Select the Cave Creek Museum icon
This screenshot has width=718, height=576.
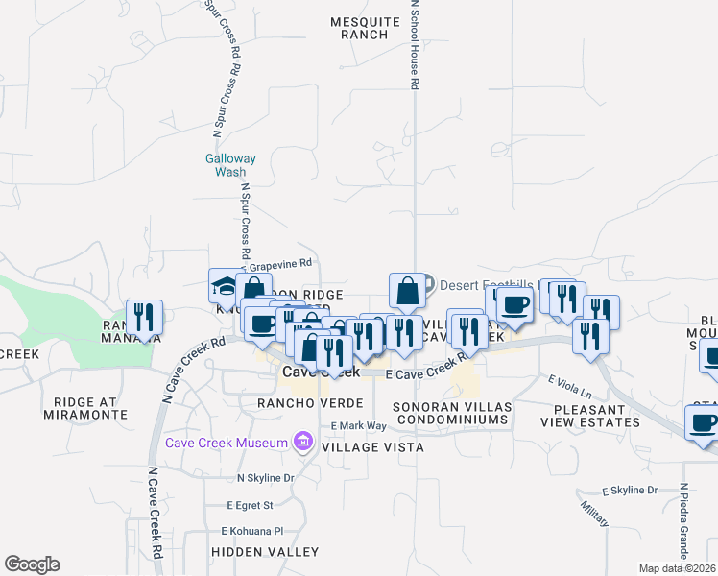pos(303,443)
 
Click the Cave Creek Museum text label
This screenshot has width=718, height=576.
pos(227,443)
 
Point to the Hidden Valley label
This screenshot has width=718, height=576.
pos(265,552)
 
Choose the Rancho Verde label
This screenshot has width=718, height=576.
pos(296,403)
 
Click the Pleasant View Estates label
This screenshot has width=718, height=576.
pos(589,414)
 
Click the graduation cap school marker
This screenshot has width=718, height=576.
pos(225,286)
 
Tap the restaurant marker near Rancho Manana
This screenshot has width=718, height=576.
pos(144,316)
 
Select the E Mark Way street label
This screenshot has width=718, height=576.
pos(358,425)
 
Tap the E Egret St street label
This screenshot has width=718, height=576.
pos(251,505)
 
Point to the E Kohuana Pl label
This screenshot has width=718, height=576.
pos(252,530)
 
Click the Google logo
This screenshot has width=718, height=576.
pos(32,564)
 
